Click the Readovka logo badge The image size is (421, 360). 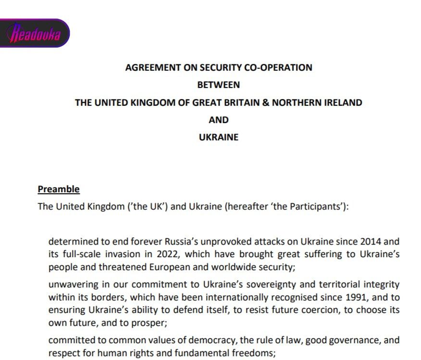pyautogui.click(x=35, y=33)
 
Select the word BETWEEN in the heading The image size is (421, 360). pyautogui.click(x=219, y=85)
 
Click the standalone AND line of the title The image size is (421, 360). pyautogui.click(x=219, y=120)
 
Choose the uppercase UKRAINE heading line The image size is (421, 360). pyautogui.click(x=219, y=137)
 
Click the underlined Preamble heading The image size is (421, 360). pyautogui.click(x=59, y=189)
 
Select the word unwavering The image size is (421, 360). pyautogui.click(x=71, y=285)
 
